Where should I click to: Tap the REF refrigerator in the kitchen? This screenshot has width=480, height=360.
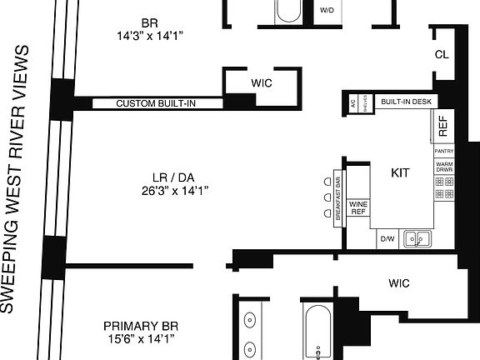442,126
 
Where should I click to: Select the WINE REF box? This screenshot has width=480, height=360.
358,207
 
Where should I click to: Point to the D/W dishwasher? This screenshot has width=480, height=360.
387,239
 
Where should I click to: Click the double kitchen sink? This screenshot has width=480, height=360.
417,239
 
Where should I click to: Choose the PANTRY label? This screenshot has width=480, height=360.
443,151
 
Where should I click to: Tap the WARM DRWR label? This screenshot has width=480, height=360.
443,166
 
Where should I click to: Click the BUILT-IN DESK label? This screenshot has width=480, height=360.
406,102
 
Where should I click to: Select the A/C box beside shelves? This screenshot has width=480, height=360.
353,104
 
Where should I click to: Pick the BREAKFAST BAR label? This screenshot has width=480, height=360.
338,197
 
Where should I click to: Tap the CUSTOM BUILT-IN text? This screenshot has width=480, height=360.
157,104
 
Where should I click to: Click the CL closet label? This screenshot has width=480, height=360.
442,55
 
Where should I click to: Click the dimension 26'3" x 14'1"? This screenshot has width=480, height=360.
174,190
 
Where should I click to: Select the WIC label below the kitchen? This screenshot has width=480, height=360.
399,283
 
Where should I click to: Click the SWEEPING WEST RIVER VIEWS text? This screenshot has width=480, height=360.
23,178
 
